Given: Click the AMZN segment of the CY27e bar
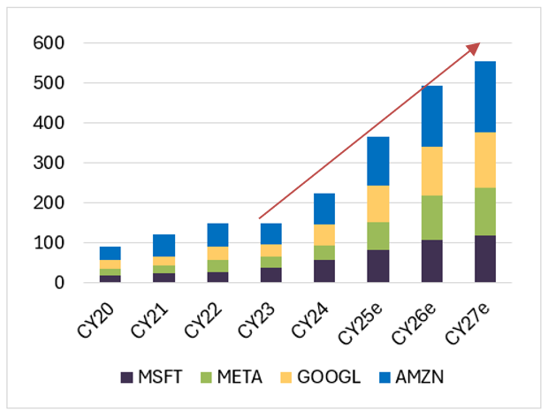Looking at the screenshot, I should (484, 96).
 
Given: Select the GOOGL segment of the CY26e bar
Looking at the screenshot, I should (430, 171).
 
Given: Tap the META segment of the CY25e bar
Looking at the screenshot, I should (377, 236).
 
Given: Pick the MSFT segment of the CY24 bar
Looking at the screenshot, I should (324, 271).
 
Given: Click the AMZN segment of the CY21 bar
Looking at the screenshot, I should (164, 246).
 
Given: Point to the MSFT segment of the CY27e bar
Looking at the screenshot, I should (484, 259).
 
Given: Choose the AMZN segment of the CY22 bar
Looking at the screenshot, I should (217, 235).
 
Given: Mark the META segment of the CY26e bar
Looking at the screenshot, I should (430, 217).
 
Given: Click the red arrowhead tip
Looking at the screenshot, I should (479, 43).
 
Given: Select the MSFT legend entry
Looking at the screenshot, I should (153, 378).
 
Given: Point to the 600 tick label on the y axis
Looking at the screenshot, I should (49, 43).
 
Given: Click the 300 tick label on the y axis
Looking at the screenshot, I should (49, 164).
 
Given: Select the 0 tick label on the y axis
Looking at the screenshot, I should (57, 283).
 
